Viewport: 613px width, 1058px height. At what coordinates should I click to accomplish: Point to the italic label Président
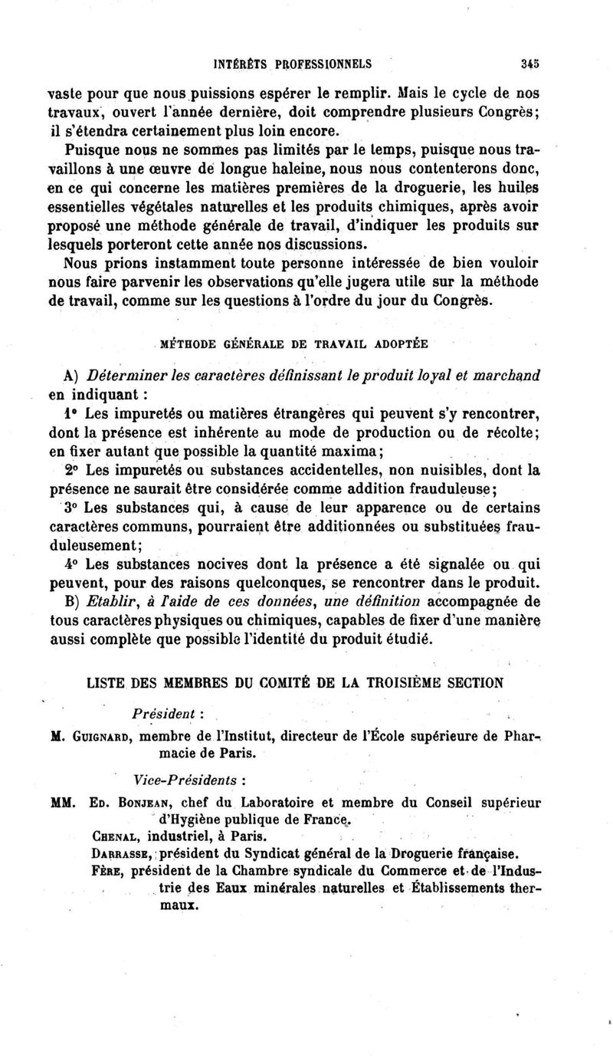click(167, 711)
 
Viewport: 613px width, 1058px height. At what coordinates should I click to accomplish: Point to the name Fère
click(106, 870)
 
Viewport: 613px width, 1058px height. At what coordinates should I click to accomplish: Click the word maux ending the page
click(175, 905)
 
